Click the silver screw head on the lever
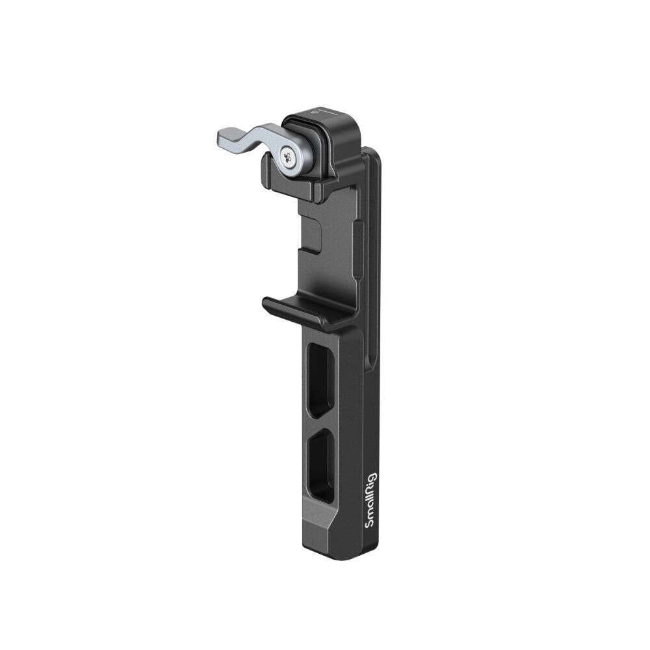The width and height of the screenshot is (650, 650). [x=287, y=155]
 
